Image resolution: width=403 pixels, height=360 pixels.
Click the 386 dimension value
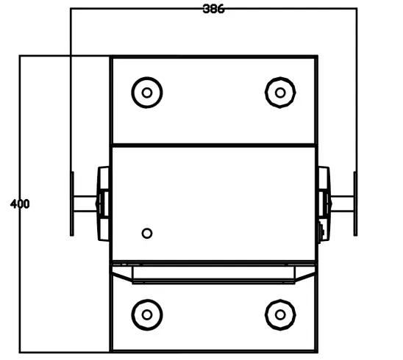pyautogui.click(x=213, y=9)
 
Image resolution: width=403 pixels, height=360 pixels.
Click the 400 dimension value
pyautogui.click(x=20, y=204)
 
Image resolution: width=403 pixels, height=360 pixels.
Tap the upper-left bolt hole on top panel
pyautogui.click(x=147, y=92)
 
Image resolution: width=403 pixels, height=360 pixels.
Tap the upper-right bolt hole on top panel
pyautogui.click(x=279, y=92)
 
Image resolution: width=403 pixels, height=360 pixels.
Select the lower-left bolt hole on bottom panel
pyautogui.click(x=147, y=314)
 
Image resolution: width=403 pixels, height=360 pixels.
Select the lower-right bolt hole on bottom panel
pyautogui.click(x=279, y=314)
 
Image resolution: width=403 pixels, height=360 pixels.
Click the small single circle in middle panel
pyautogui.click(x=147, y=233)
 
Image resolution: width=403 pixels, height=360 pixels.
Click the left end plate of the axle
pyautogui.click(x=72, y=204)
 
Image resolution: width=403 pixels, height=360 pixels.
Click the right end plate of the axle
pyautogui.click(x=355, y=204)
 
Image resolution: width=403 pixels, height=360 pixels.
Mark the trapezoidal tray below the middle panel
pyautogui.click(x=213, y=274)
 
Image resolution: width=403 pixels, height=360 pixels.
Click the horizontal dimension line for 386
pyautogui.click(x=147, y=9)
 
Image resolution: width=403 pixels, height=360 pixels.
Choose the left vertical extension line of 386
pyautogui.click(x=70, y=88)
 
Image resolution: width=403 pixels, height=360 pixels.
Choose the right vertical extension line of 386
pyautogui.click(x=357, y=88)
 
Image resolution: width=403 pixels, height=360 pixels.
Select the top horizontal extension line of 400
pyautogui.click(x=66, y=55)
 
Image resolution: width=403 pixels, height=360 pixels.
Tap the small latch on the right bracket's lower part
pyautogui.click(x=321, y=232)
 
